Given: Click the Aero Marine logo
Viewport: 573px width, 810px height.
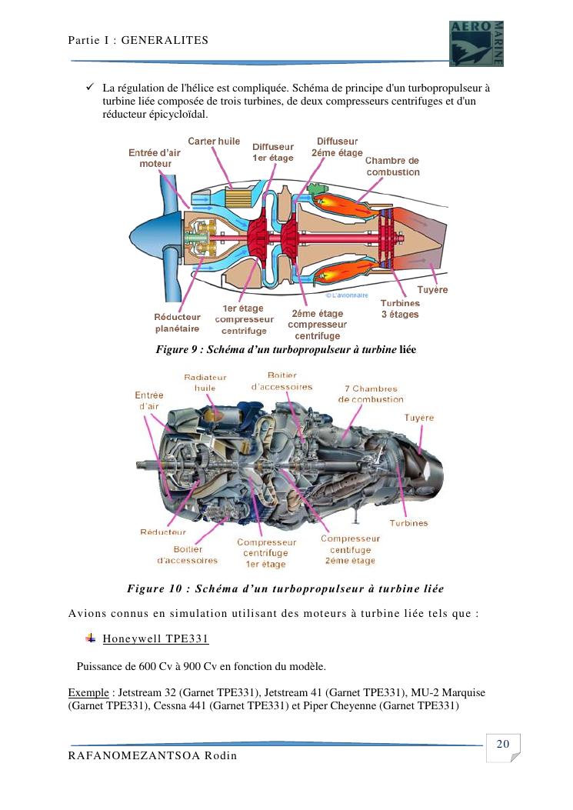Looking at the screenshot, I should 476,43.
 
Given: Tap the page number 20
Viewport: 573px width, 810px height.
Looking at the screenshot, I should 503,744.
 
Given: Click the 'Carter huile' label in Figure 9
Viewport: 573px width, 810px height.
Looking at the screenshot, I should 214,142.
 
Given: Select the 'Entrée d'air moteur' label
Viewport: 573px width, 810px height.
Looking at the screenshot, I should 155,158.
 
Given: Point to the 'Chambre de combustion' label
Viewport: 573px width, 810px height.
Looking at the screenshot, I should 392,166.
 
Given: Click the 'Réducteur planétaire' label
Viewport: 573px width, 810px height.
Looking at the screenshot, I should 177,322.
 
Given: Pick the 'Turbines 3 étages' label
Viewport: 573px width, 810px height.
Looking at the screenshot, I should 400,309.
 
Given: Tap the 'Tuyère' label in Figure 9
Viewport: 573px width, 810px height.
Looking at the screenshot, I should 431,290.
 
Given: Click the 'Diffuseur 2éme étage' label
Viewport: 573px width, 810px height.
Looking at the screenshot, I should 337,147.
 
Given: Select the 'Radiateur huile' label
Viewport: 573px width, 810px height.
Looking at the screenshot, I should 205,382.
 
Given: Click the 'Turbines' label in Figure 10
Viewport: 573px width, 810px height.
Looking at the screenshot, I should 408,523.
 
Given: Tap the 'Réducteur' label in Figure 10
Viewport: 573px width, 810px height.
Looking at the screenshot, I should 162,532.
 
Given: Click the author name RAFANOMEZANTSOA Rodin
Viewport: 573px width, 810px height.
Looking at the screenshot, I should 152,756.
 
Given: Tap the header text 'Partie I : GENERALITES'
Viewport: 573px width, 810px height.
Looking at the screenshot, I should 138,39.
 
